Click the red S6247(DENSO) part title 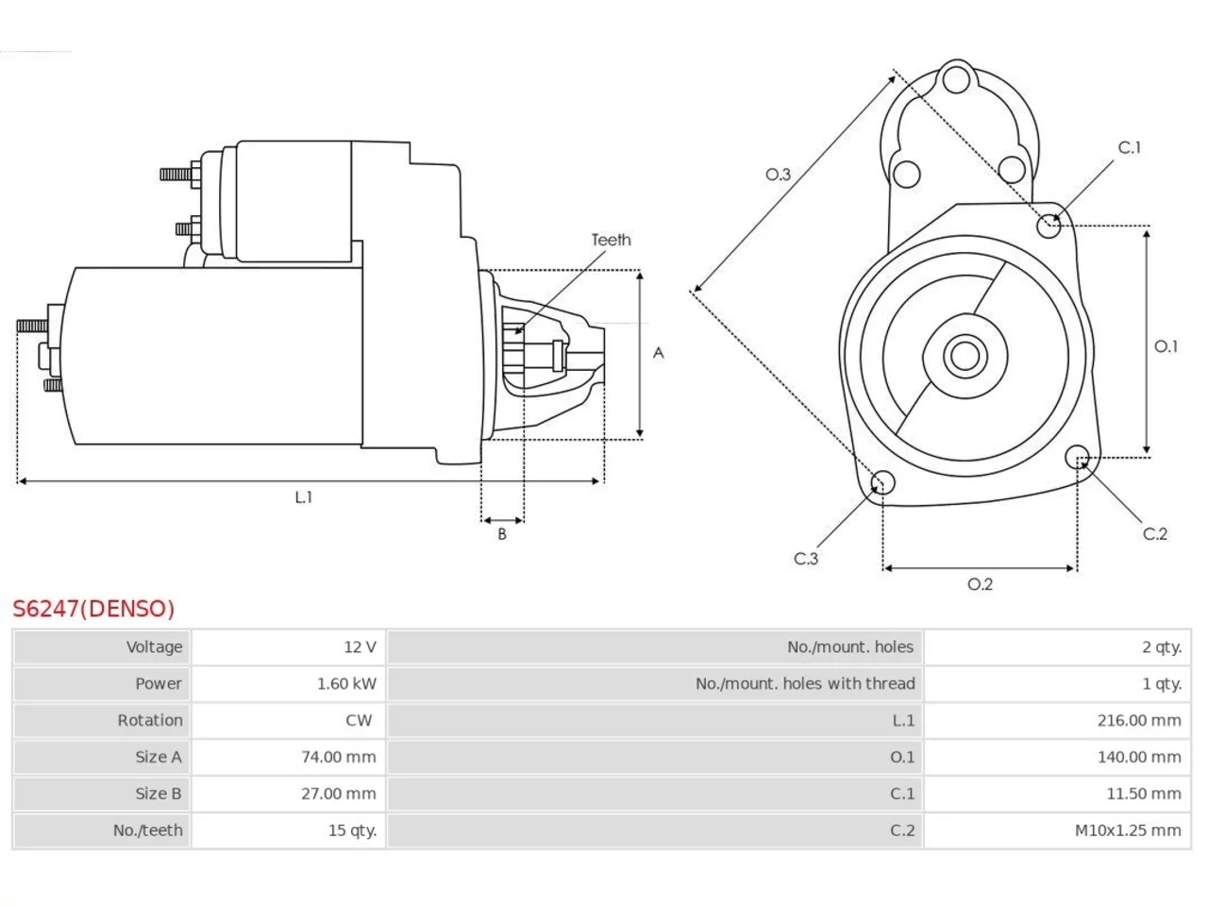click(93, 609)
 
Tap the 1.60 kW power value click(346, 684)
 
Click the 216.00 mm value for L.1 click(1139, 720)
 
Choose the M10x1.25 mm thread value click(1128, 830)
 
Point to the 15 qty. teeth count click(352, 830)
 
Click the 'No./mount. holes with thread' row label click(805, 684)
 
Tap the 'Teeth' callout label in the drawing click(611, 240)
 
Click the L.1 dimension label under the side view click(303, 497)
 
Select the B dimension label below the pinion click(502, 534)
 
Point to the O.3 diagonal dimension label click(778, 175)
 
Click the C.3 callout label click(806, 559)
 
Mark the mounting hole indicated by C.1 click(1049, 226)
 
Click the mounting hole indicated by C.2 click(1077, 457)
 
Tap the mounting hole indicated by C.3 click(882, 482)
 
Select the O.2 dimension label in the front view click(981, 584)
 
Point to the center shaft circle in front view click(965, 357)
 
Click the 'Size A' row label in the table click(159, 757)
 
